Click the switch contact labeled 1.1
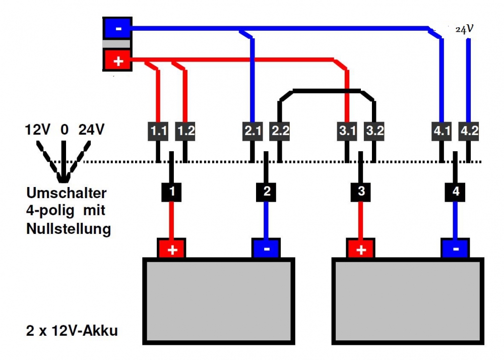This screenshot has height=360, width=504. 159,131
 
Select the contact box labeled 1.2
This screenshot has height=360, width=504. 185,131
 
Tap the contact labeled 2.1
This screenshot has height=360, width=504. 253,131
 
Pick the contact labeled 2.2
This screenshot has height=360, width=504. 280,131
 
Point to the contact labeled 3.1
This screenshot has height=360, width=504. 347,131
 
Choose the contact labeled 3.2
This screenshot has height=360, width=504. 374,131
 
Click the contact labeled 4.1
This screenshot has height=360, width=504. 442,131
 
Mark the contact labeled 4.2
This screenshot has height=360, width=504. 469,131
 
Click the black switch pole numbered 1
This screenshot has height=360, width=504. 172,192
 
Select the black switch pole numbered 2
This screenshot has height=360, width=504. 267,192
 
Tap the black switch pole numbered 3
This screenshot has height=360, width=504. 361,192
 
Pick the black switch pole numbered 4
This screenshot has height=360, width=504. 456,192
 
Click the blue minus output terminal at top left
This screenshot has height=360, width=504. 117,28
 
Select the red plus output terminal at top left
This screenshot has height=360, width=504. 117,61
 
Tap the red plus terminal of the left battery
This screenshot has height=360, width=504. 172,249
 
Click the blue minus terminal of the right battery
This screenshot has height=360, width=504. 456,249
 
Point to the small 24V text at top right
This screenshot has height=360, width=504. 464,29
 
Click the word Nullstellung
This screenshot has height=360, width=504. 68,229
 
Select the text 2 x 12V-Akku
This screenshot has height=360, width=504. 72,331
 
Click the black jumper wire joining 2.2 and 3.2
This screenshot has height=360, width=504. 327,91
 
